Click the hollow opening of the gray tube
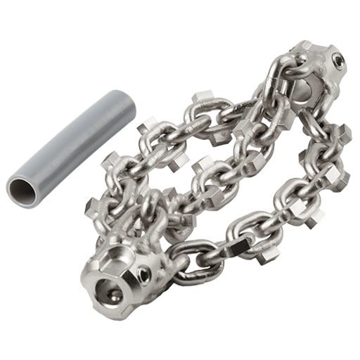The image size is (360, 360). click(x=22, y=188)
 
